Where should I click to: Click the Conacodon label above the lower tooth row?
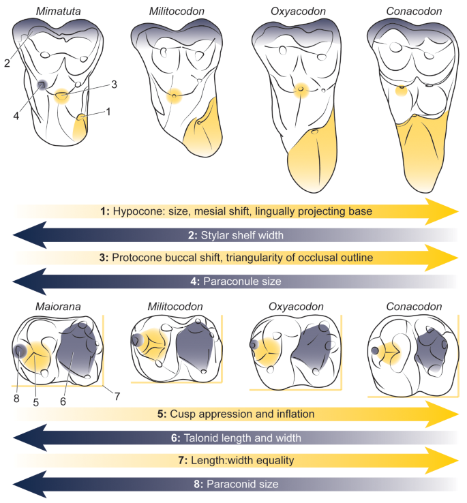[x=410, y=307]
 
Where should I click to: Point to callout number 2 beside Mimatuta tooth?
[x=7, y=63]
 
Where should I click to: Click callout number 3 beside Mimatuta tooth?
[x=115, y=85]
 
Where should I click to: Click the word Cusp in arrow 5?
[x=185, y=414]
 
